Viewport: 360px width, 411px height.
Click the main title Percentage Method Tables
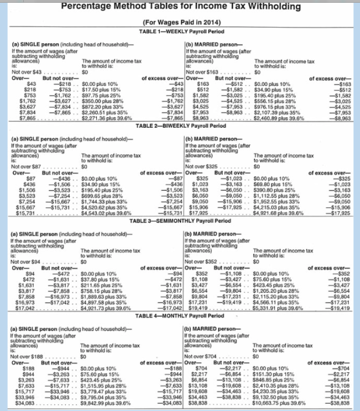(x=180, y=7)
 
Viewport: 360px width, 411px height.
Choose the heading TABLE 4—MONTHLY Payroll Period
(x=181, y=314)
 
